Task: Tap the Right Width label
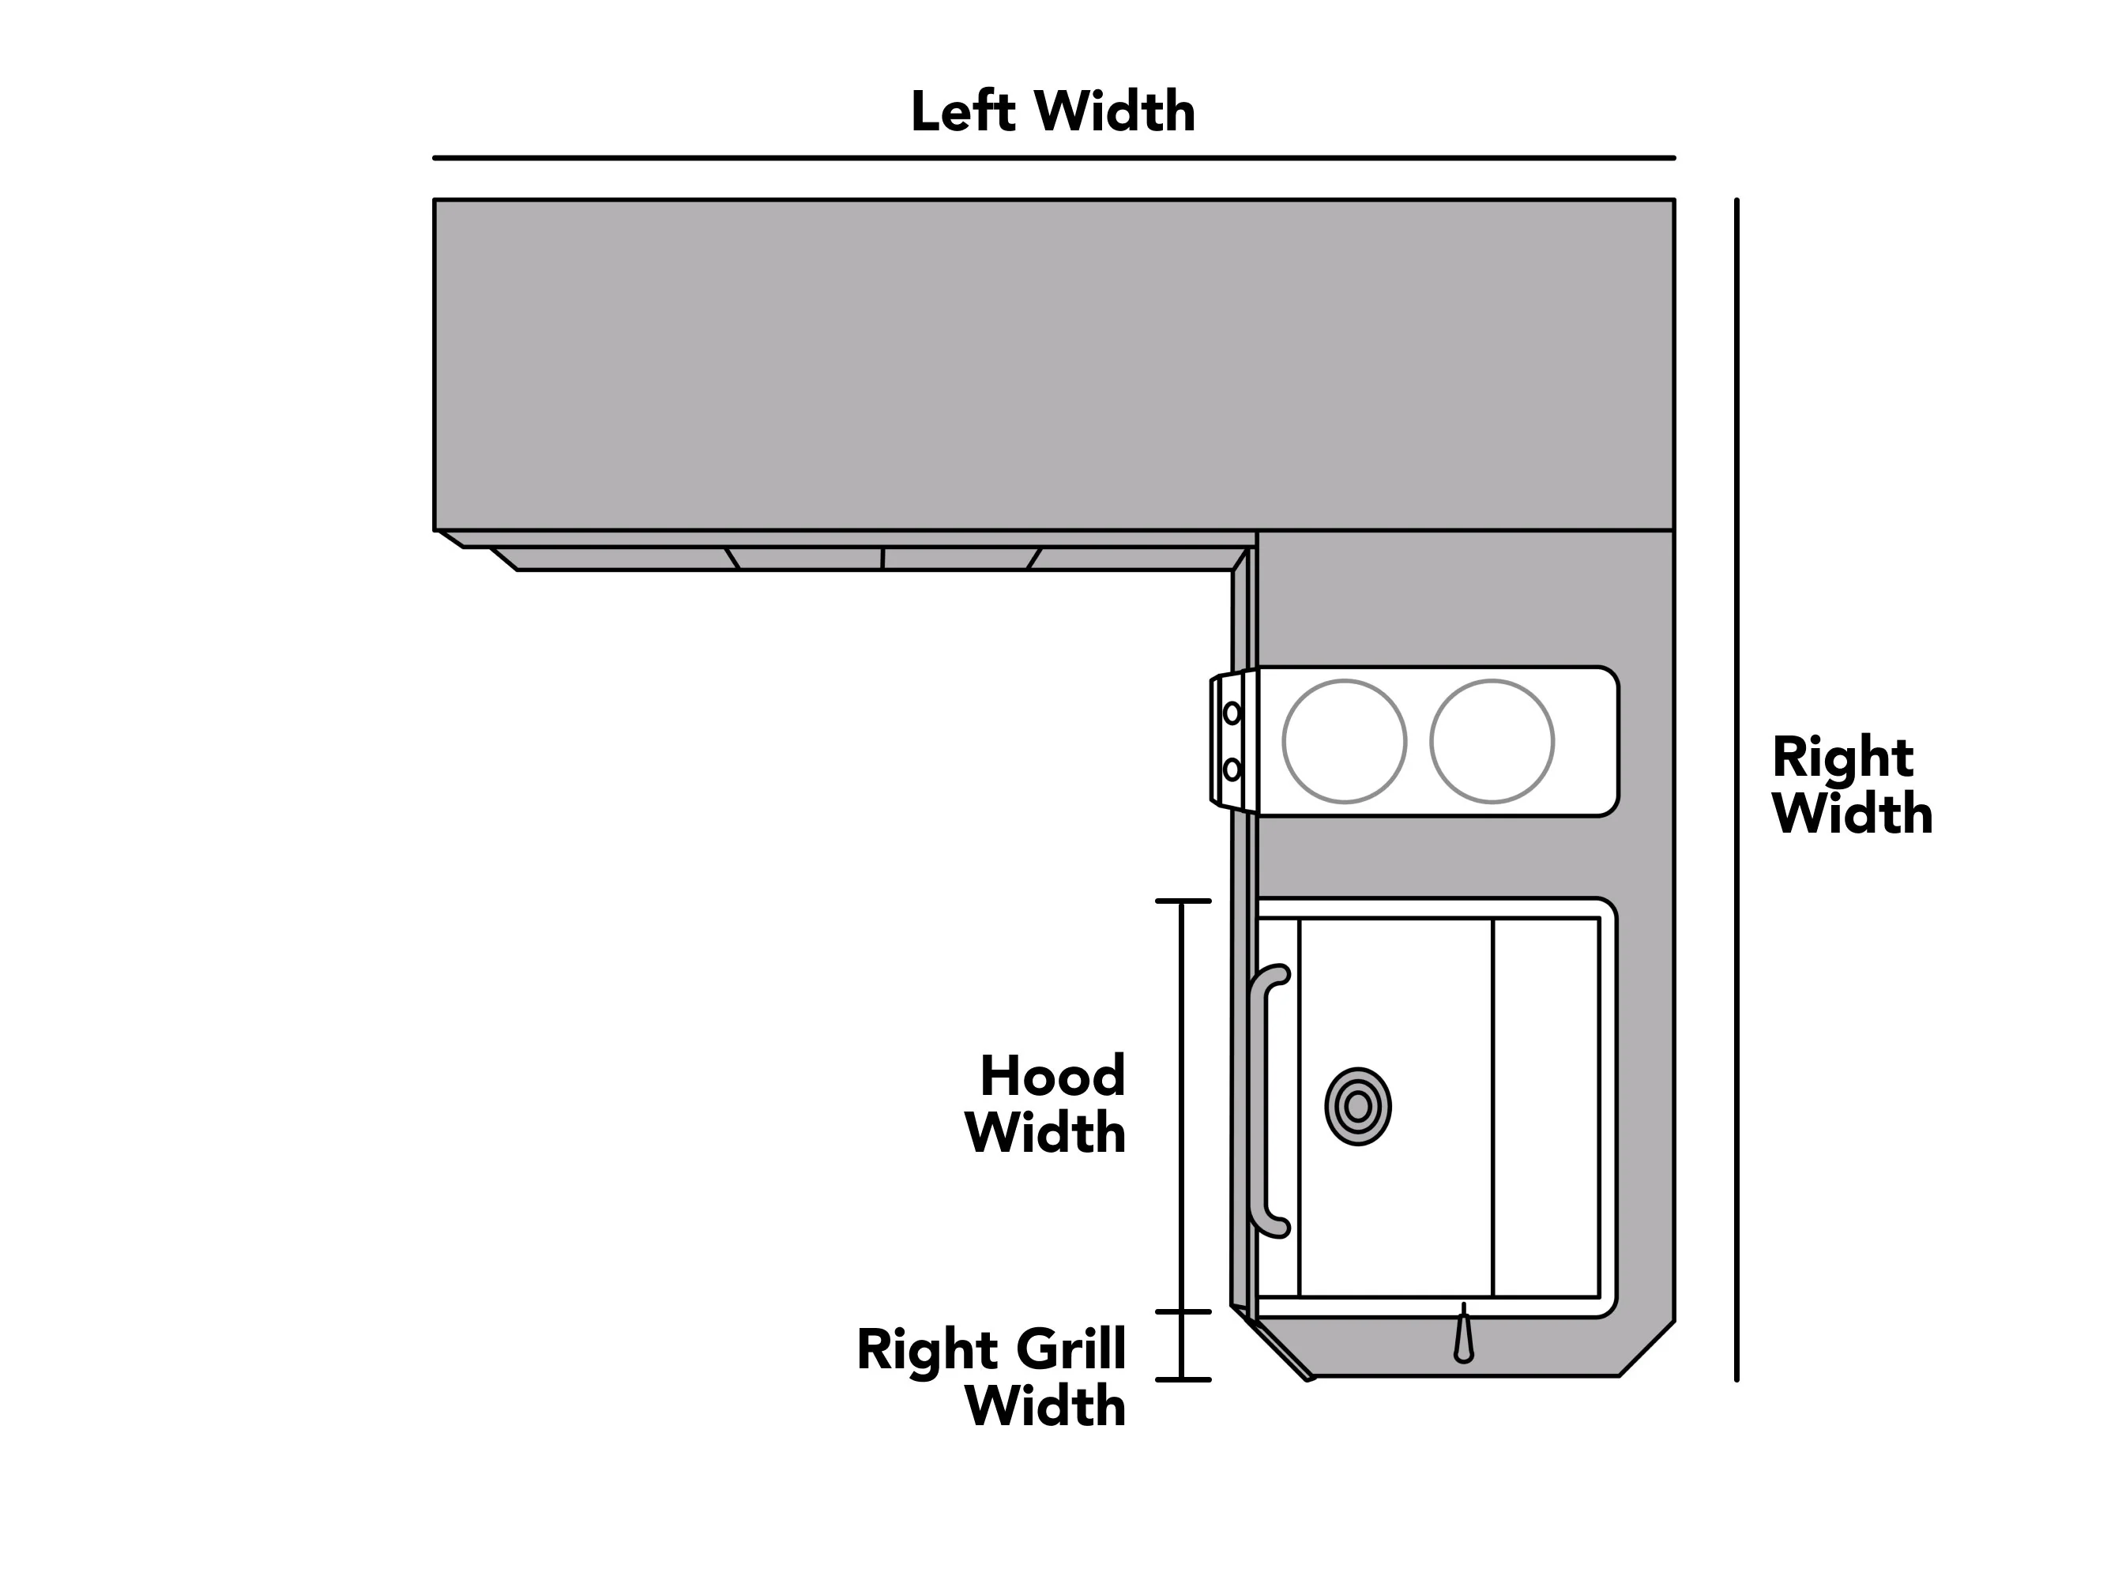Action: (1852, 786)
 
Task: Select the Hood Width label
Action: (1046, 1104)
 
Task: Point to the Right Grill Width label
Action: (991, 1377)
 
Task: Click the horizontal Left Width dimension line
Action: (1054, 158)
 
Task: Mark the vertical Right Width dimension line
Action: (1736, 789)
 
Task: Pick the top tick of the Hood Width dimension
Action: (1183, 901)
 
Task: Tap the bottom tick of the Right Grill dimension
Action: (1183, 1379)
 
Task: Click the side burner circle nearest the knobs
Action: (1344, 741)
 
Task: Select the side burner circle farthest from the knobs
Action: (1492, 741)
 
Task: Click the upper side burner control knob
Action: (1232, 713)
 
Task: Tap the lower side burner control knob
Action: (1232, 769)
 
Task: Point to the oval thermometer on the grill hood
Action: (1357, 1107)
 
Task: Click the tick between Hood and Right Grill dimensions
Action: (1183, 1311)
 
